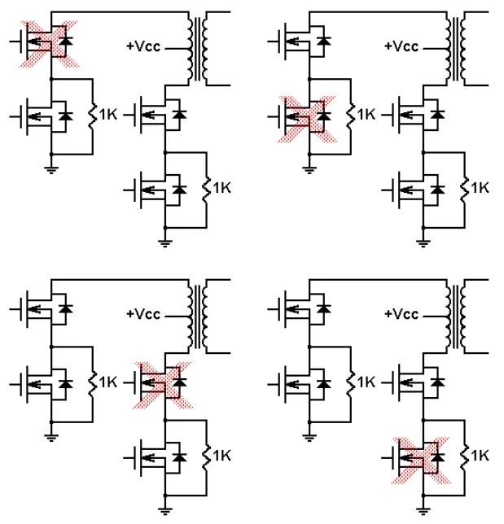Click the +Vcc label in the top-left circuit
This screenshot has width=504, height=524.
143,47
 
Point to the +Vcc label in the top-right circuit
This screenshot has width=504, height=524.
401,46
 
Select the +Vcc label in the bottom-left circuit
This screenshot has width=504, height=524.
143,314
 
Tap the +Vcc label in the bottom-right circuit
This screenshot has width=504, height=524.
401,314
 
